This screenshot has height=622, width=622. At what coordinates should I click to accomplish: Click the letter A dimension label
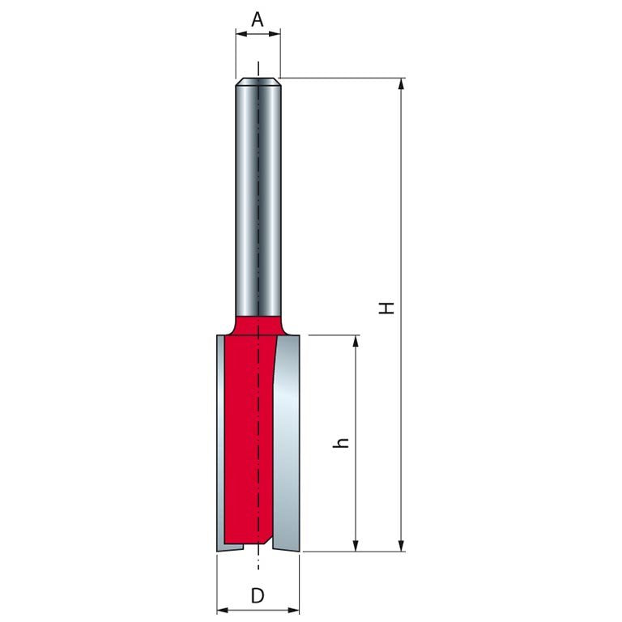point(258,19)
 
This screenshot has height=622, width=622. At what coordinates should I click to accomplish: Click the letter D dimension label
point(258,595)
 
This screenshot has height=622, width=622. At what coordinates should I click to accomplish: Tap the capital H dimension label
point(386,308)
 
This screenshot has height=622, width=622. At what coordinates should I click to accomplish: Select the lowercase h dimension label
point(341,443)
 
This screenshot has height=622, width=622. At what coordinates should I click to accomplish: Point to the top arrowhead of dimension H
point(402,83)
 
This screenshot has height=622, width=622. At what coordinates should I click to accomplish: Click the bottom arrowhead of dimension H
point(402,545)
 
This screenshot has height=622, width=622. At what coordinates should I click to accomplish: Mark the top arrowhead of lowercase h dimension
point(356,341)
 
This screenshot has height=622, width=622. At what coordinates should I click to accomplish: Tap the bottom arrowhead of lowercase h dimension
point(356,545)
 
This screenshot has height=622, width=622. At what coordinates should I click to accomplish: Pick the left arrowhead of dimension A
point(241,34)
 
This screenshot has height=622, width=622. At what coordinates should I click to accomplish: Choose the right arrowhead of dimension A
point(275,34)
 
